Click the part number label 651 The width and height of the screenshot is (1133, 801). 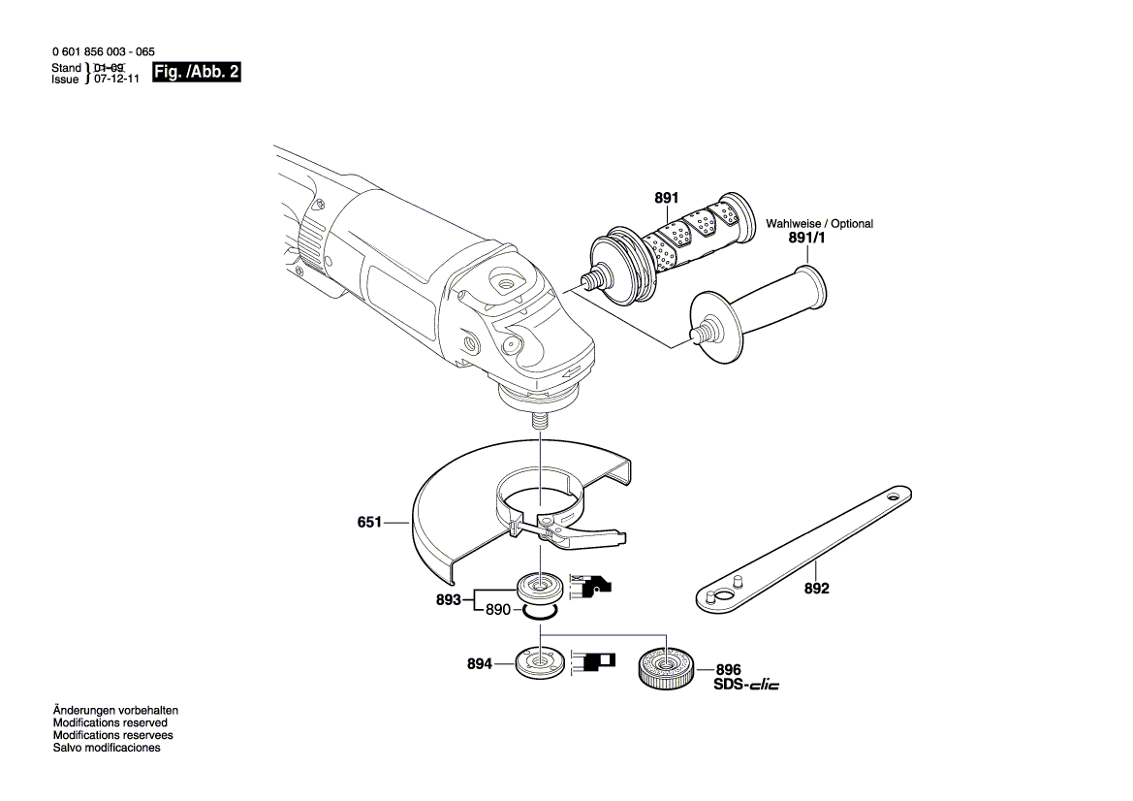point(369,522)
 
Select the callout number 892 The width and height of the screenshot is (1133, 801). point(817,588)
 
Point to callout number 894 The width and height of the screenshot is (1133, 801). point(480,664)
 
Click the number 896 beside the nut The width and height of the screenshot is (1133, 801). point(728,670)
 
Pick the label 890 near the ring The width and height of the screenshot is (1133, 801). point(497,610)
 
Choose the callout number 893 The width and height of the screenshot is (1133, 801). point(448,600)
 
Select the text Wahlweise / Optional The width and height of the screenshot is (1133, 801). point(819,224)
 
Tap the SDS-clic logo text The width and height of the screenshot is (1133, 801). point(746,686)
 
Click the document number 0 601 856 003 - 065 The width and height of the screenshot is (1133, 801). point(102,52)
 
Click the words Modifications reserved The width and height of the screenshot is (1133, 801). point(110,723)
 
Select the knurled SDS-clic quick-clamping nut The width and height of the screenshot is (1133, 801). point(666,668)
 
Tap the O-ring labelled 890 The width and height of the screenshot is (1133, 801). point(537,612)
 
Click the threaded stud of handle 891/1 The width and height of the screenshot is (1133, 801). point(694,336)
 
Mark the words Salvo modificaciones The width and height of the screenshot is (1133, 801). point(107,749)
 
